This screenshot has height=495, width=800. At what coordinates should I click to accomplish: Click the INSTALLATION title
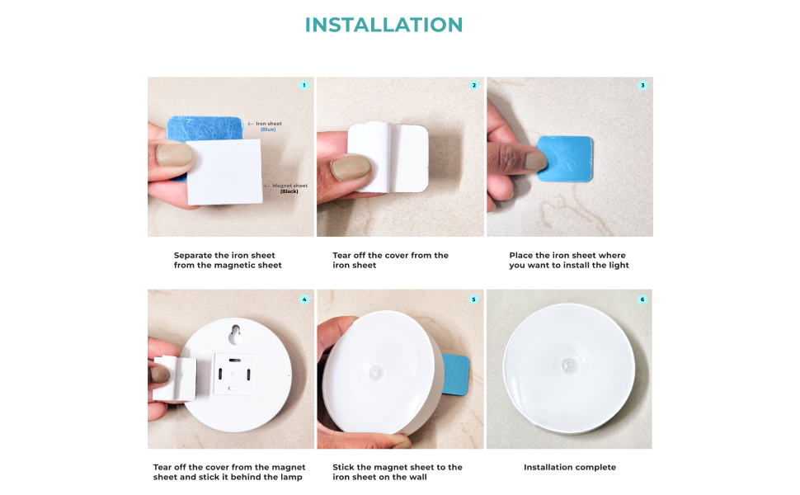384,25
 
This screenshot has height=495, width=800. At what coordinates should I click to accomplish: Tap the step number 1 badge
304,85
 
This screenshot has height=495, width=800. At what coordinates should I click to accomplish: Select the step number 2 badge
473,85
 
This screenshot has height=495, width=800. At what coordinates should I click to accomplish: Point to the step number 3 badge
642,85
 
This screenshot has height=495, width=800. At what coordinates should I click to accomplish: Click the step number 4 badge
304,299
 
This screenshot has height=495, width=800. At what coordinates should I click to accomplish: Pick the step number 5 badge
473,299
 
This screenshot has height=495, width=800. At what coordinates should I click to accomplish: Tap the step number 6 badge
642,299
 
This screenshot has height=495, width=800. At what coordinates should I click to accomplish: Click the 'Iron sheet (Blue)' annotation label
267,126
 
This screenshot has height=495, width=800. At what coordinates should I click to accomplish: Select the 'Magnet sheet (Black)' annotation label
288,188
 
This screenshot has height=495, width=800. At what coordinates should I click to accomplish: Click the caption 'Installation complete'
569,468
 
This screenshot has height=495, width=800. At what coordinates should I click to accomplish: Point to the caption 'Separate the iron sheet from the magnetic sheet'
228,261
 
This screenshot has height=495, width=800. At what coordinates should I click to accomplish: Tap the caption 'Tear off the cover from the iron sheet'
390,261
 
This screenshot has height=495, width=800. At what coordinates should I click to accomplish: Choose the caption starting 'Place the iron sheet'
568,261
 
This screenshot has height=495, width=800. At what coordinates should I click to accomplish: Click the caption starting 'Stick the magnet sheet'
398,472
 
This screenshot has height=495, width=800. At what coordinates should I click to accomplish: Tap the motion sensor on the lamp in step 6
568,365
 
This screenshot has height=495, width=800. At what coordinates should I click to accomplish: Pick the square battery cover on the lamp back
233,374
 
